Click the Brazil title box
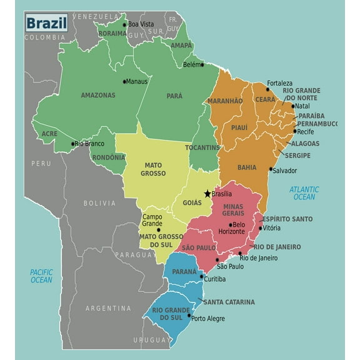coord(47,24)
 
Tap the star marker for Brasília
coord(207,194)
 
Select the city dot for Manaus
coord(125,81)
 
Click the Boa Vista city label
coord(141,24)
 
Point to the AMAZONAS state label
coord(98,96)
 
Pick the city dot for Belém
coord(202,64)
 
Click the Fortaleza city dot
coord(268,89)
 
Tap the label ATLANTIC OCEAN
coord(304,193)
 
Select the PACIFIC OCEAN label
coord(41,276)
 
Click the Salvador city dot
coord(271,169)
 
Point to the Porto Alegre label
coord(208,318)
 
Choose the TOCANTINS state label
coord(202,147)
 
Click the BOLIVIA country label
coord(99,203)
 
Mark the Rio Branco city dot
coord(72,143)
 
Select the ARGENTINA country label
coord(108,308)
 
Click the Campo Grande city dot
coord(158,229)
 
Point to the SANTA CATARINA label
coord(228,302)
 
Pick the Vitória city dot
coord(261,228)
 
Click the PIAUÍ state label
coord(239,127)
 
